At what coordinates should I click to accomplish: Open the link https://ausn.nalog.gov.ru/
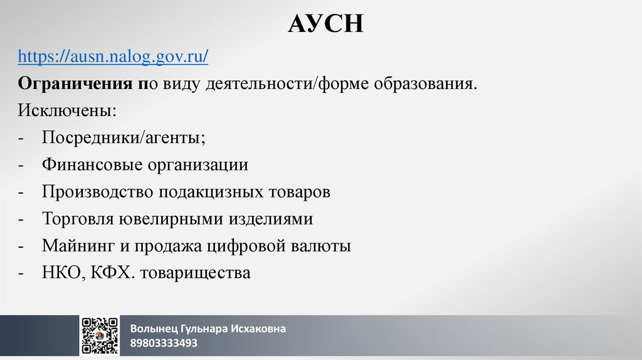click(113, 56)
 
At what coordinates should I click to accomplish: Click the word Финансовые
click(92, 165)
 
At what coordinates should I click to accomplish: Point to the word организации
click(198, 165)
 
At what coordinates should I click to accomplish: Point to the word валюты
click(320, 246)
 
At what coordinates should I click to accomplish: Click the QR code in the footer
click(99, 336)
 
